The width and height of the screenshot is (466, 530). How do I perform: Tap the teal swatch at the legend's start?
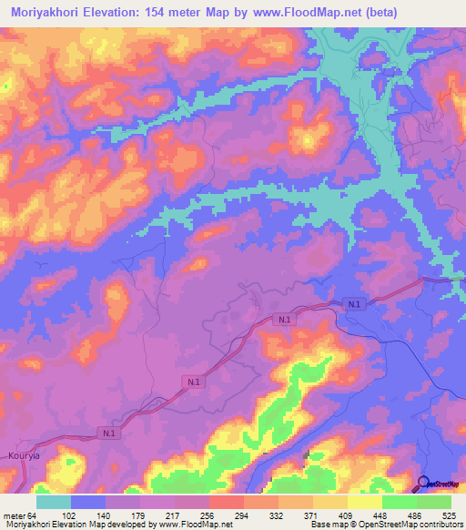pos(54,502)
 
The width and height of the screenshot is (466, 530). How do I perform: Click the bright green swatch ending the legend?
pos(434,502)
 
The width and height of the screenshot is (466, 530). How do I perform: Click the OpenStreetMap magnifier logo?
pos(424,484)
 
